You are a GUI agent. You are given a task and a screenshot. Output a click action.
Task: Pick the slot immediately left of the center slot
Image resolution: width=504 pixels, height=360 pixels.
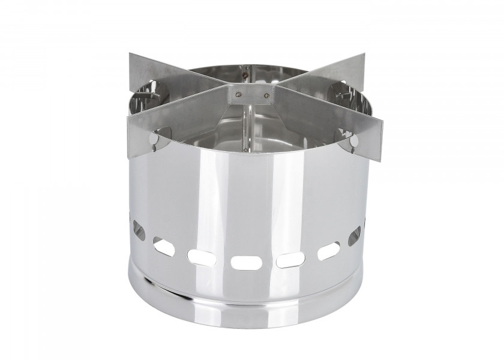click(199, 257)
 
